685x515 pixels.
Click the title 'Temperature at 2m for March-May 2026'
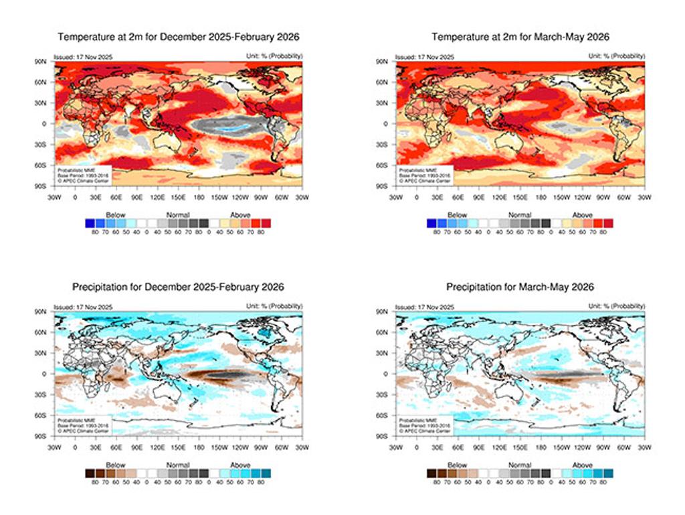pyautogui.click(x=520, y=36)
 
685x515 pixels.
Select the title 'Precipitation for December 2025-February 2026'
pyautogui.click(x=178, y=287)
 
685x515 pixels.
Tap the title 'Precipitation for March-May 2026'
pyautogui.click(x=520, y=287)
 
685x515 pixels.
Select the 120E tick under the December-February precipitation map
pyautogui.click(x=157, y=447)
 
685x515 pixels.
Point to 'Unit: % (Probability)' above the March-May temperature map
pyautogui.click(x=617, y=56)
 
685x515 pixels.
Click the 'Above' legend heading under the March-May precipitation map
pyautogui.click(x=582, y=465)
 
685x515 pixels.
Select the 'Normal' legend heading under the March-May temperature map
pyautogui.click(x=520, y=215)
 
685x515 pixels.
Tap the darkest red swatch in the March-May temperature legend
pyautogui.click(x=608, y=223)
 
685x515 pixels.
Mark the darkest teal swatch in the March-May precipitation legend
pyautogui.click(x=608, y=473)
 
